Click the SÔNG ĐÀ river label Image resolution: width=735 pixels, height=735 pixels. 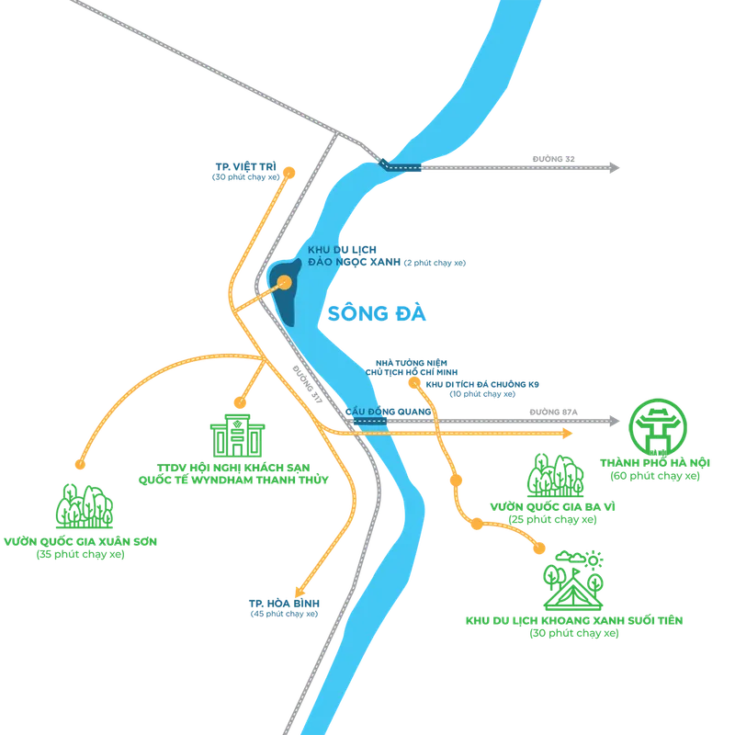[x=377, y=312]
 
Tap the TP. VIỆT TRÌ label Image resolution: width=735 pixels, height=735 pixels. [x=246, y=167]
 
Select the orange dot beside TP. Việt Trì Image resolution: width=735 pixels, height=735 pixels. [x=289, y=173]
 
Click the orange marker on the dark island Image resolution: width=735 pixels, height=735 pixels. [x=285, y=282]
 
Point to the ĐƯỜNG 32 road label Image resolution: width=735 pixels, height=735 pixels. [x=553, y=159]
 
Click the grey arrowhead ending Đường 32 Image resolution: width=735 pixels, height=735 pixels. [x=614, y=167]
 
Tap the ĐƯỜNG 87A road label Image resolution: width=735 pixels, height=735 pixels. [x=554, y=412]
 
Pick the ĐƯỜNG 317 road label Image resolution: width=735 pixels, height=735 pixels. [x=308, y=384]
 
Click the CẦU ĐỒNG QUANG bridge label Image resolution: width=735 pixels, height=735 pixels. [x=388, y=412]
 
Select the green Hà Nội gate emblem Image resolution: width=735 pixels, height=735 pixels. [x=658, y=427]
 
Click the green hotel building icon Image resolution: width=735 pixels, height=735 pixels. [x=238, y=435]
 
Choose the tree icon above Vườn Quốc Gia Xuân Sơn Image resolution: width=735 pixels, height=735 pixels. [x=85, y=506]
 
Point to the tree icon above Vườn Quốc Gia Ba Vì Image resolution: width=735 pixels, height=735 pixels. [x=556, y=476]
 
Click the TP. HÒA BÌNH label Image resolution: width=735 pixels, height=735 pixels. [x=284, y=604]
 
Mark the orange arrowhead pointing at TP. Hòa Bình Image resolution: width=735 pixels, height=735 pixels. [x=300, y=591]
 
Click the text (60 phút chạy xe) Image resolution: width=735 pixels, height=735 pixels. [x=655, y=476]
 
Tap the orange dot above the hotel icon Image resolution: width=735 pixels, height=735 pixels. [x=240, y=402]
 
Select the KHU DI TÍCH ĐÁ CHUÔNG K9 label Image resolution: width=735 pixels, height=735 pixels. [x=482, y=384]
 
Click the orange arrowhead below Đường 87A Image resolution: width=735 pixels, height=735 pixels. [x=567, y=434]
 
